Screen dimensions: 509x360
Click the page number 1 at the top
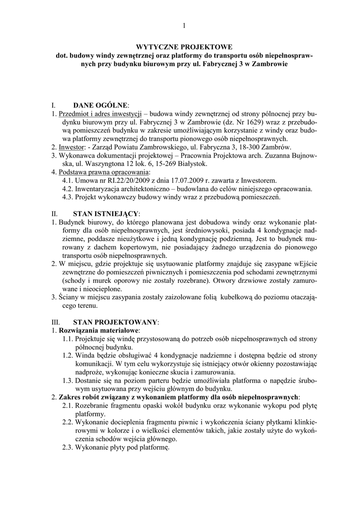click(x=183, y=26)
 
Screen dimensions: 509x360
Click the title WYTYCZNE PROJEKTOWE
click(x=183, y=46)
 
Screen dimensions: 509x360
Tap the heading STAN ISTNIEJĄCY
click(x=106, y=213)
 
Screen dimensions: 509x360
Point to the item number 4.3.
click(x=68, y=197)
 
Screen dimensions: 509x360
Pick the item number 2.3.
click(x=68, y=447)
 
